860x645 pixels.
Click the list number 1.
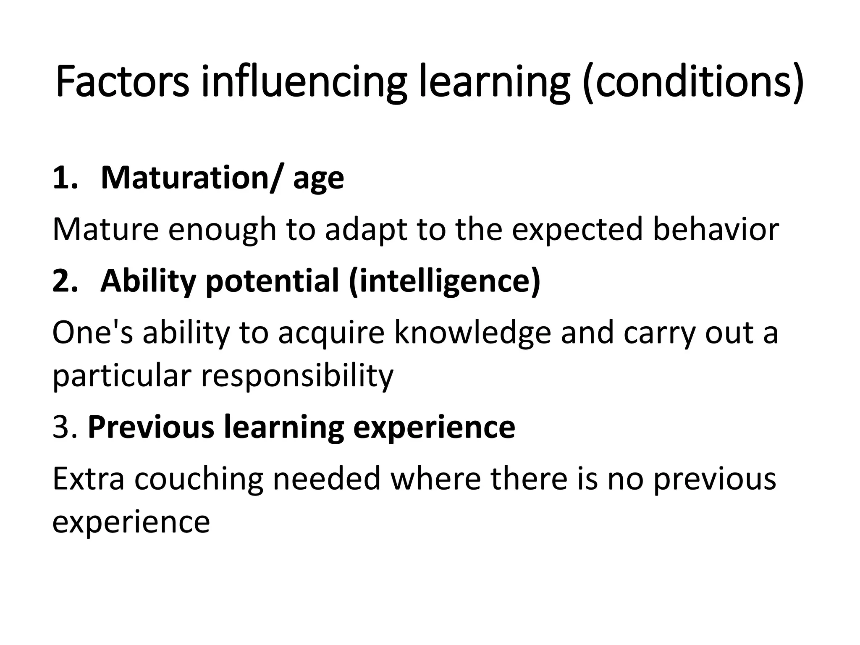tap(65, 178)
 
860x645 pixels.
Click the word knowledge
tap(472, 333)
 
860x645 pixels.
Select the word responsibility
tap(297, 375)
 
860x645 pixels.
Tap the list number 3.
tap(65, 427)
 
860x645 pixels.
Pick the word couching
tap(199, 479)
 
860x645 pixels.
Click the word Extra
tap(89, 479)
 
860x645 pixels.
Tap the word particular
tap(122, 375)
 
